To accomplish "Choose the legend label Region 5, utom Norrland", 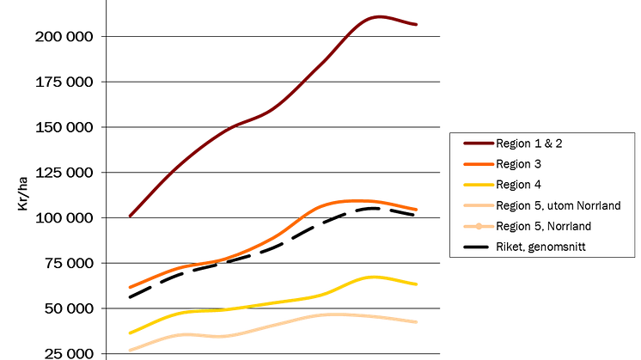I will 557,206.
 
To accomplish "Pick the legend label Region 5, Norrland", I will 543,227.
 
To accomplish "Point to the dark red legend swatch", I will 477,143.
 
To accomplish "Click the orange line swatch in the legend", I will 477,163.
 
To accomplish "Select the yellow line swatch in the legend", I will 477,185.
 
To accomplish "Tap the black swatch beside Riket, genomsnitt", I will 477,248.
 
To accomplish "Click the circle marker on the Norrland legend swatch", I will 478,227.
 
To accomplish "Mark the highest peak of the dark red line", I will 376,15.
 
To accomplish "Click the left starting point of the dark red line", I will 129,215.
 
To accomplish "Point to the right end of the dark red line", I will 418,25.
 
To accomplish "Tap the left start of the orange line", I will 128,287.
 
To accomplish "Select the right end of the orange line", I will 418,210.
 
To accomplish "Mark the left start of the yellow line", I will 128,333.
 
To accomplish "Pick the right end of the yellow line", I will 418,285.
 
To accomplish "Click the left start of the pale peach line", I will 128,349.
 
